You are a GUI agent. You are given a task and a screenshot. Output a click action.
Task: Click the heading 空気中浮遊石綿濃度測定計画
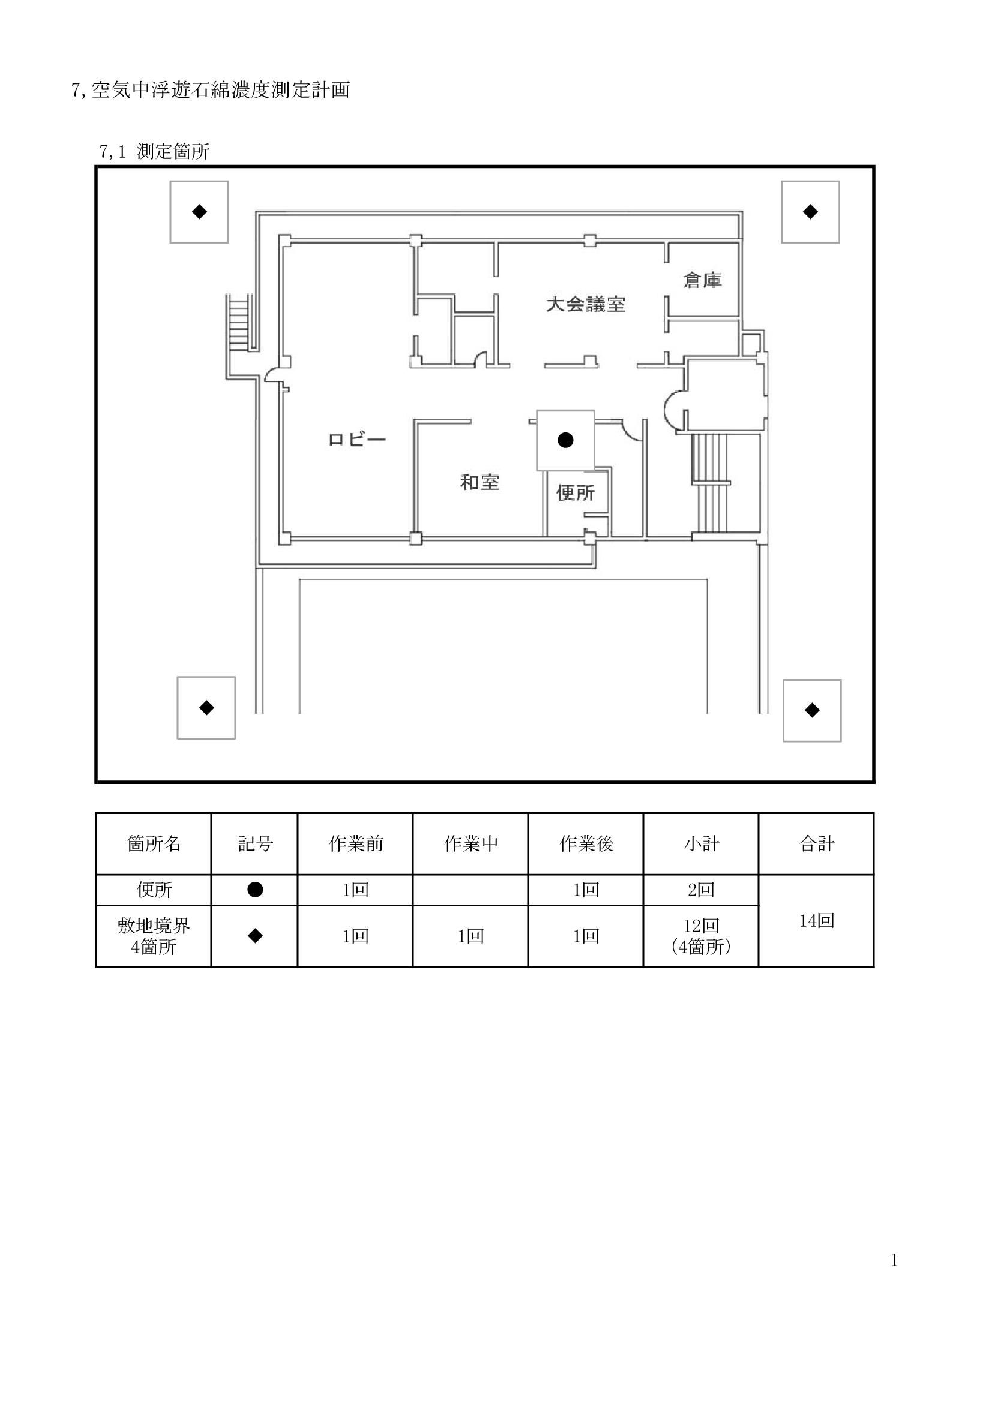coord(220,91)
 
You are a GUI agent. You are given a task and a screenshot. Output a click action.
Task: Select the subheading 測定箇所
coord(173,152)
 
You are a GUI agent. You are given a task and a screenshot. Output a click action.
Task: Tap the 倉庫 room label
coord(702,281)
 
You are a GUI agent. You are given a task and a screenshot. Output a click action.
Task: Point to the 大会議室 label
coord(586,304)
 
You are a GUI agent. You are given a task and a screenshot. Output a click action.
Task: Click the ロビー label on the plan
coord(358,439)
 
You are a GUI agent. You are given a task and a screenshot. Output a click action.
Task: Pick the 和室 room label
coord(480,483)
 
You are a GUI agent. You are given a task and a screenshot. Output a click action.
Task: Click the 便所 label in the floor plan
coord(575,492)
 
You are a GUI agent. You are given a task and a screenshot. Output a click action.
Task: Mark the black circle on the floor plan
coord(565,440)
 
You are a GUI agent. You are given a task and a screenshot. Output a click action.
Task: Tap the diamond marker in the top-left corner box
coord(199,211)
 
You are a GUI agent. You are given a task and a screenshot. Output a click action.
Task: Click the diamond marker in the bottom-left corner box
coord(206,708)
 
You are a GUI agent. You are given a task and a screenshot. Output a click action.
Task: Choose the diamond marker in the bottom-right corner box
coord(812,710)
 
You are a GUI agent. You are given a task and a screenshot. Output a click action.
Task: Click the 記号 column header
coord(255,843)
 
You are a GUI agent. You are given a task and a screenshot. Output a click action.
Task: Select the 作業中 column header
coord(470,843)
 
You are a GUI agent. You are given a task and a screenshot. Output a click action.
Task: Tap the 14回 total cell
coord(817,920)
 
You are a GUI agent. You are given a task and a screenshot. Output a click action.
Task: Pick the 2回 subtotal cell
coord(701,890)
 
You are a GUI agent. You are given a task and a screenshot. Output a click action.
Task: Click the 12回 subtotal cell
coord(701,926)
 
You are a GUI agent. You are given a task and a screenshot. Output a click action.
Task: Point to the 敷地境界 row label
coord(154,926)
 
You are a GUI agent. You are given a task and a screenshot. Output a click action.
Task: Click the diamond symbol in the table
coord(255,936)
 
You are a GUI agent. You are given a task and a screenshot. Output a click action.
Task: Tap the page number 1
coord(894,1261)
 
